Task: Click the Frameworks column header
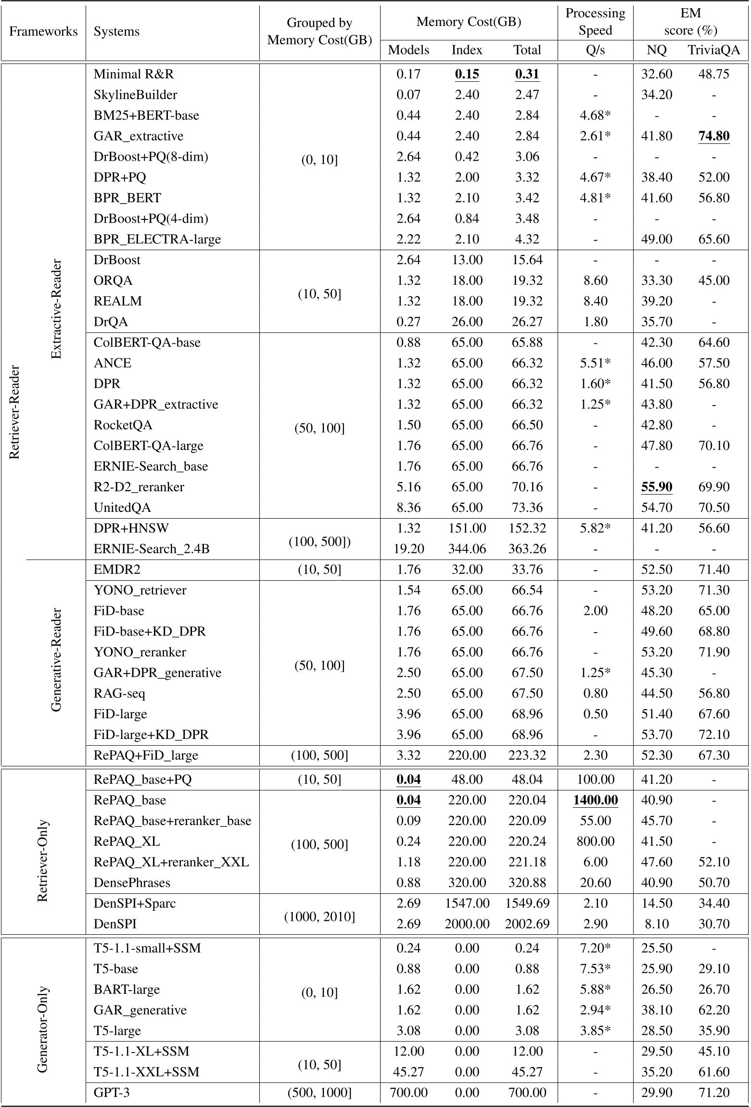point(43,32)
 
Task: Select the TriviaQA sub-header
point(713,50)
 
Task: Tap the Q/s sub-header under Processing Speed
point(595,50)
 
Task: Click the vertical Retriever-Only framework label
point(43,852)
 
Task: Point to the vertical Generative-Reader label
point(56,660)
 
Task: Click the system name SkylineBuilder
point(135,95)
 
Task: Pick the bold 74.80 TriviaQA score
point(713,136)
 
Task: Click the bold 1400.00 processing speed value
point(595,800)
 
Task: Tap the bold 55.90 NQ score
point(657,487)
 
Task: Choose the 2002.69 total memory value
point(527,924)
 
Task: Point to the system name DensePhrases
point(132,883)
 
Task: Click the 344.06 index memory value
point(467,549)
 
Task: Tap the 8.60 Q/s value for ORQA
point(595,280)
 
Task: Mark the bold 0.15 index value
point(467,74)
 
